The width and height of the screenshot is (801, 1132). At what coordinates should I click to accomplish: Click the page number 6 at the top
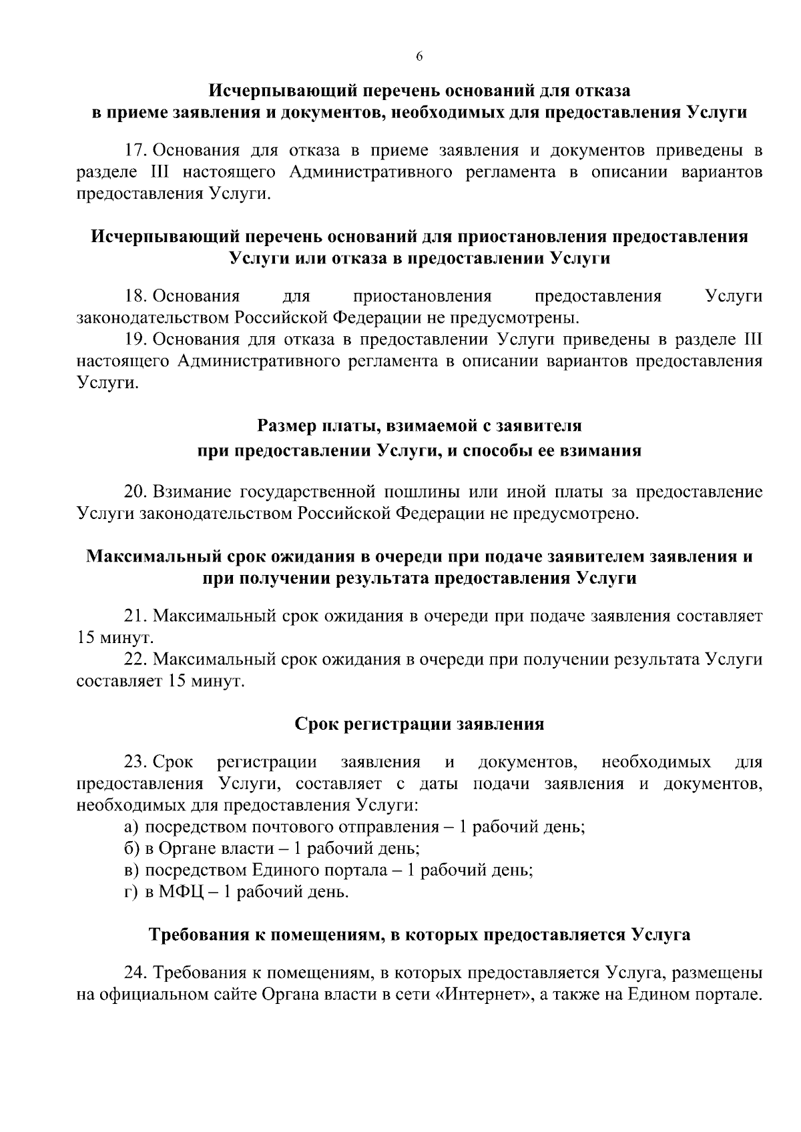(x=419, y=57)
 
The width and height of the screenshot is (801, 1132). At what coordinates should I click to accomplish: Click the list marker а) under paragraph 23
(x=131, y=828)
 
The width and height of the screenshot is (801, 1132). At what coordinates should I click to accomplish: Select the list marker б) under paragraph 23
(x=131, y=849)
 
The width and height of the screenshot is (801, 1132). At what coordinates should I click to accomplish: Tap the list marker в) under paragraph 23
(x=131, y=871)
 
